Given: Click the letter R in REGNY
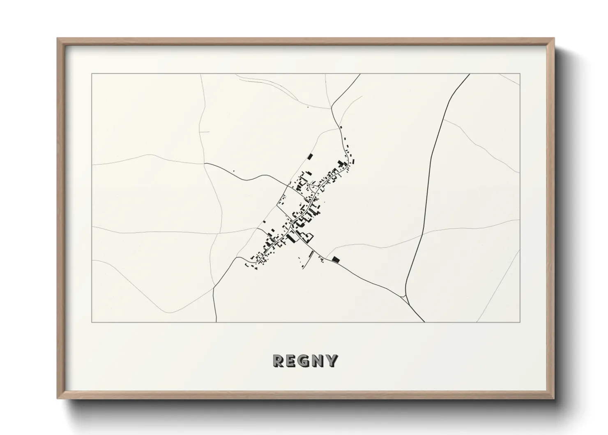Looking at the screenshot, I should pos(278,361).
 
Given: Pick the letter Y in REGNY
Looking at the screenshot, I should pos(332,361).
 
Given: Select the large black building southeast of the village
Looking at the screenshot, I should pos(336,259).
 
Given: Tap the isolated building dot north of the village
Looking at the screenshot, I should pos(308,108).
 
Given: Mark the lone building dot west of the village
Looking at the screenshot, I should pos(234,171).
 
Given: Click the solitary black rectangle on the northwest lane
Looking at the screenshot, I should pos(310,156).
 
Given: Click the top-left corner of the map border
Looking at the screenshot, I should pos(92,74).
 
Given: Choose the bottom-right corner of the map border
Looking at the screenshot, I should pos(520,322).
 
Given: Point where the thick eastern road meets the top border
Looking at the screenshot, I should pos(470,74).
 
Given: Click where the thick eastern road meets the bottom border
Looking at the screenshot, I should pos(424,322).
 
